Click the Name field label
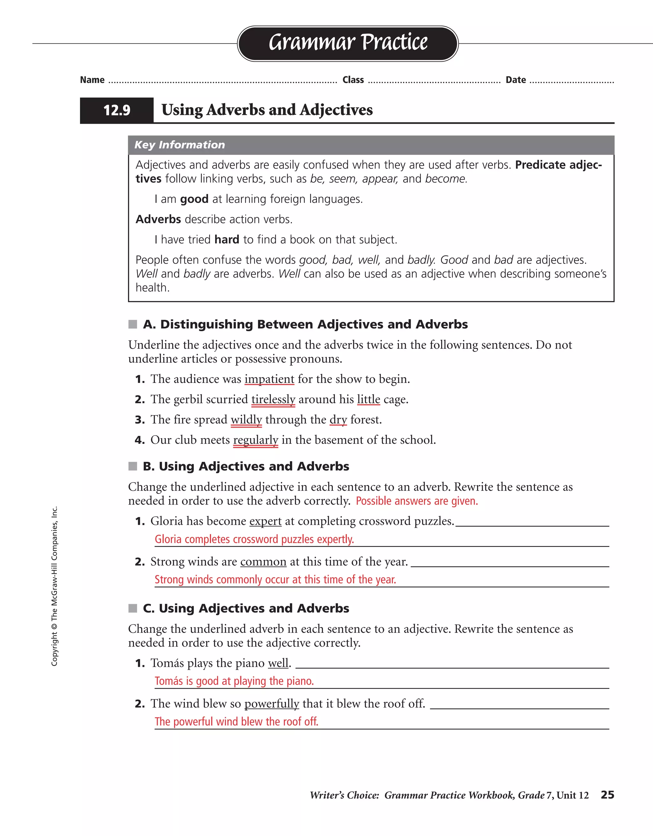click(92, 80)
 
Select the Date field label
click(516, 80)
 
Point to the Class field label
click(353, 80)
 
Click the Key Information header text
click(180, 145)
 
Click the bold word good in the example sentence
click(194, 199)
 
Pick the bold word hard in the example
click(226, 240)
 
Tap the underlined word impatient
click(269, 379)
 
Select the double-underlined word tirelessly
click(273, 399)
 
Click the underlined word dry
click(338, 420)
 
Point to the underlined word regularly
click(255, 440)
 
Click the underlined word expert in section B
click(265, 521)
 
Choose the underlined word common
click(263, 562)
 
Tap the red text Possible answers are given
click(417, 501)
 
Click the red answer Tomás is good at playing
click(234, 681)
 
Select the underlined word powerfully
click(272, 704)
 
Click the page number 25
click(607, 795)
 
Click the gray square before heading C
click(133, 608)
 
